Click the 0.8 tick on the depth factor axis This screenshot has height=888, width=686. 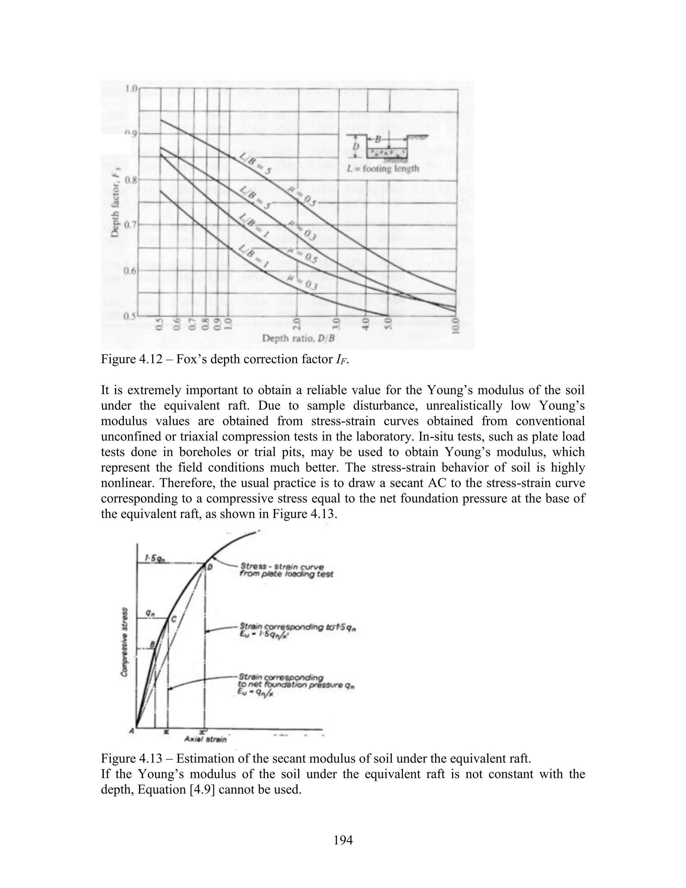(131, 180)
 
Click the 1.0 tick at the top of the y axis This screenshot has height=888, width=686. (132, 88)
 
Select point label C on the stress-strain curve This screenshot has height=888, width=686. (174, 619)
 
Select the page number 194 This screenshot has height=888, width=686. (343, 840)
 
